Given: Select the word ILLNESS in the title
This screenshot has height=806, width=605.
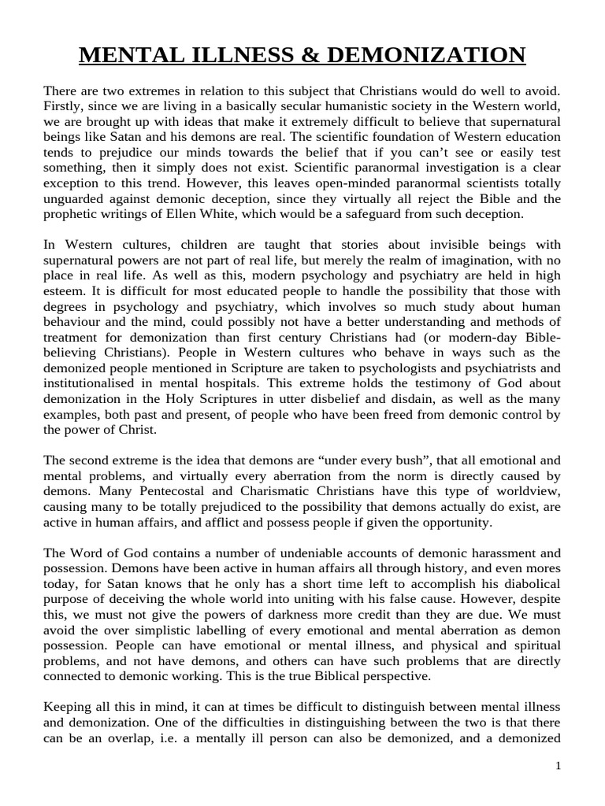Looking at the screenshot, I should coord(221,56).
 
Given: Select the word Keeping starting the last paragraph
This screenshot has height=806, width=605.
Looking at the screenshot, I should coord(67,705).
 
